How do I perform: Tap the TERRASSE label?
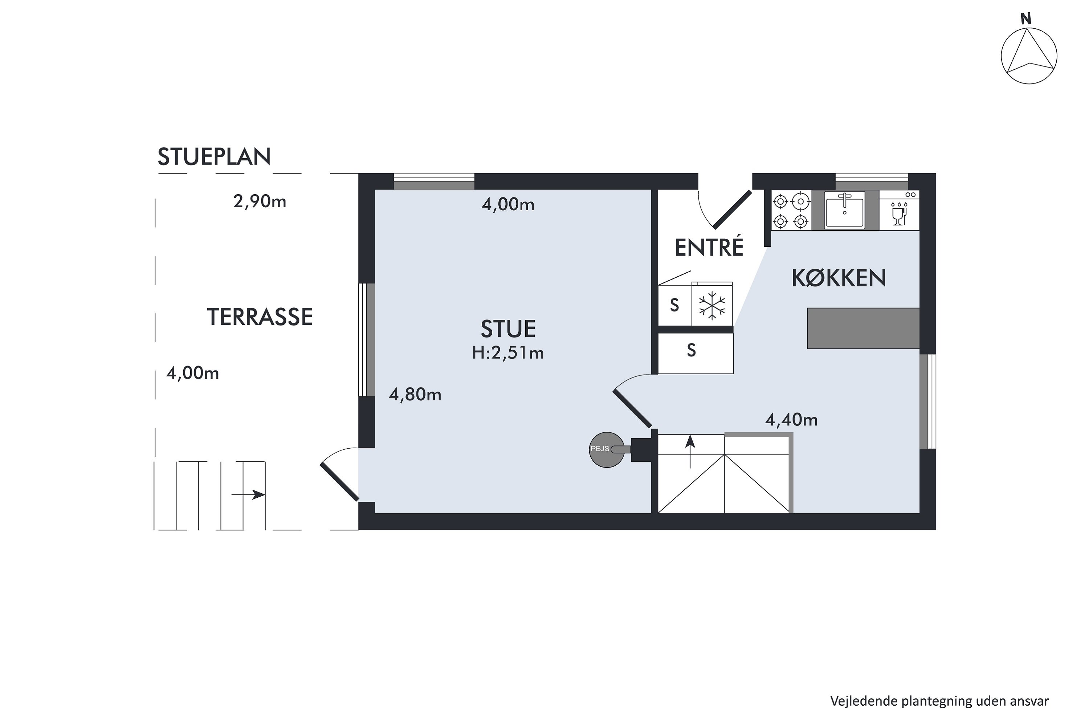260,317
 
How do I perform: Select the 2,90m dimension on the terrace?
260,201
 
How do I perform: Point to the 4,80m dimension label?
415,395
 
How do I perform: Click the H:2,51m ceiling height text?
508,353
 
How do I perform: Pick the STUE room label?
508,329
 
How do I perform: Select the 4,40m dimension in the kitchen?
791,420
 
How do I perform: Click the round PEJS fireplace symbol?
607,450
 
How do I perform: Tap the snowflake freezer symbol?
712,306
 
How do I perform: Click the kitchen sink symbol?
845,210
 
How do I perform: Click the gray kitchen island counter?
863,328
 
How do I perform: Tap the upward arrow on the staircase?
690,452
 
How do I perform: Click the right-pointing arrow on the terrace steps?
248,494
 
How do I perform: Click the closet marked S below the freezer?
696,353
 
